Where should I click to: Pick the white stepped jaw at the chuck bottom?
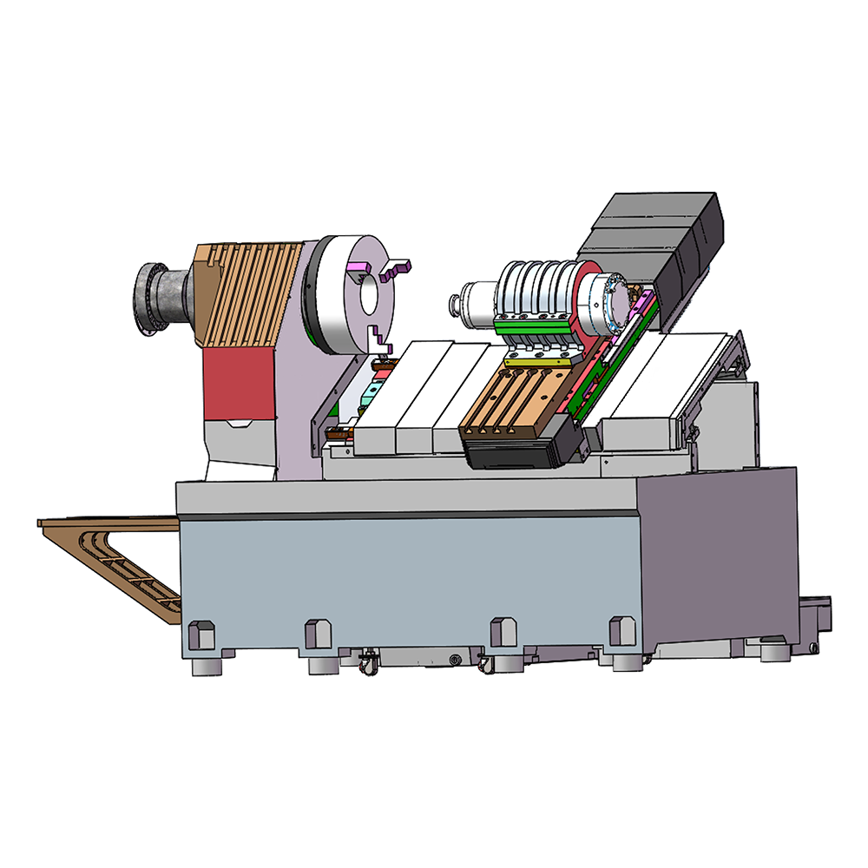coord(378,340)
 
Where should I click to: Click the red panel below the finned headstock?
coord(237,381)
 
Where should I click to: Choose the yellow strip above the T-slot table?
coord(534,358)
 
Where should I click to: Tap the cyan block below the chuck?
coord(373,391)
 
